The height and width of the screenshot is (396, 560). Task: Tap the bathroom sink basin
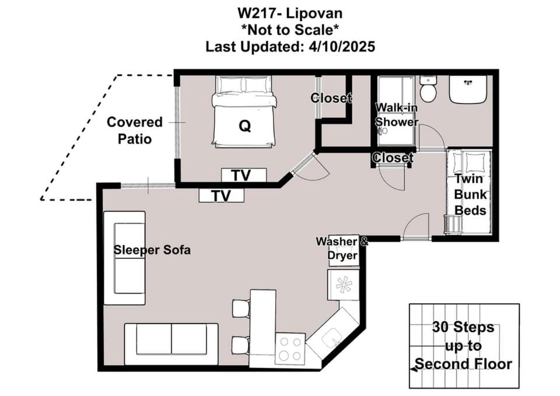(468, 89)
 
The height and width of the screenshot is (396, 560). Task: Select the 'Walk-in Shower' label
(397, 115)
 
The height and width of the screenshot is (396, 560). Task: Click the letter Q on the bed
(244, 126)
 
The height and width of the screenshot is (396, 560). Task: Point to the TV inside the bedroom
(244, 176)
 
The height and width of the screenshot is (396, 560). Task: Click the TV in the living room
(222, 196)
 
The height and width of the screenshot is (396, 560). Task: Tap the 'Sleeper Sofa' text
(152, 250)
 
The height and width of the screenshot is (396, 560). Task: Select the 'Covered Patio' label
(135, 130)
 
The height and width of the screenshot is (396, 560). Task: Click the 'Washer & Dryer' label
(342, 248)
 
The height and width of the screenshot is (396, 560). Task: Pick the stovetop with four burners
(290, 349)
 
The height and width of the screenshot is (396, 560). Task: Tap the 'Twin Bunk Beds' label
(470, 195)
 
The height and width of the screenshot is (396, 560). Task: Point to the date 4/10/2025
(342, 47)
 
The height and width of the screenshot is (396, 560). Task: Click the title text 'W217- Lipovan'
(290, 13)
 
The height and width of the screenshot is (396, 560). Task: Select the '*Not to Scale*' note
(290, 30)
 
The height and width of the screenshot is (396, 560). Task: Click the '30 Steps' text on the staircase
(463, 327)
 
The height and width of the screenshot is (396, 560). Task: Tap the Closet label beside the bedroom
(331, 98)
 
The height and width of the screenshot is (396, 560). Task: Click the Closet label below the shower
(393, 157)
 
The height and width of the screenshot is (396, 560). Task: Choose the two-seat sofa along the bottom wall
(171, 344)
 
